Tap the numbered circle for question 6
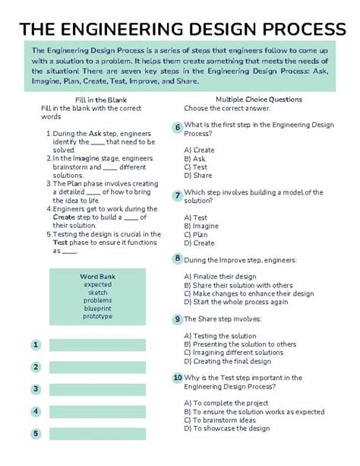pos(177,127)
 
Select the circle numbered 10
pos(177,377)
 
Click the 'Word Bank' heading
pos(97,276)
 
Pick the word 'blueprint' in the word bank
pos(97,309)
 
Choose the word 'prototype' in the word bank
pos(97,317)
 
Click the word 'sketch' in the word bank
pos(97,292)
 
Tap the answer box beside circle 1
pos(97,345)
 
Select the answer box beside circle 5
pos(97,434)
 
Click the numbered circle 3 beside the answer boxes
pos(36,389)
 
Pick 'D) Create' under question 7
pos(199,243)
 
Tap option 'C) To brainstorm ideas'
pos(224,420)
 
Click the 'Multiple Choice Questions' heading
pos(259,99)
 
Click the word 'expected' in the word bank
pos(97,284)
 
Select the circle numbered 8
pos(177,258)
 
